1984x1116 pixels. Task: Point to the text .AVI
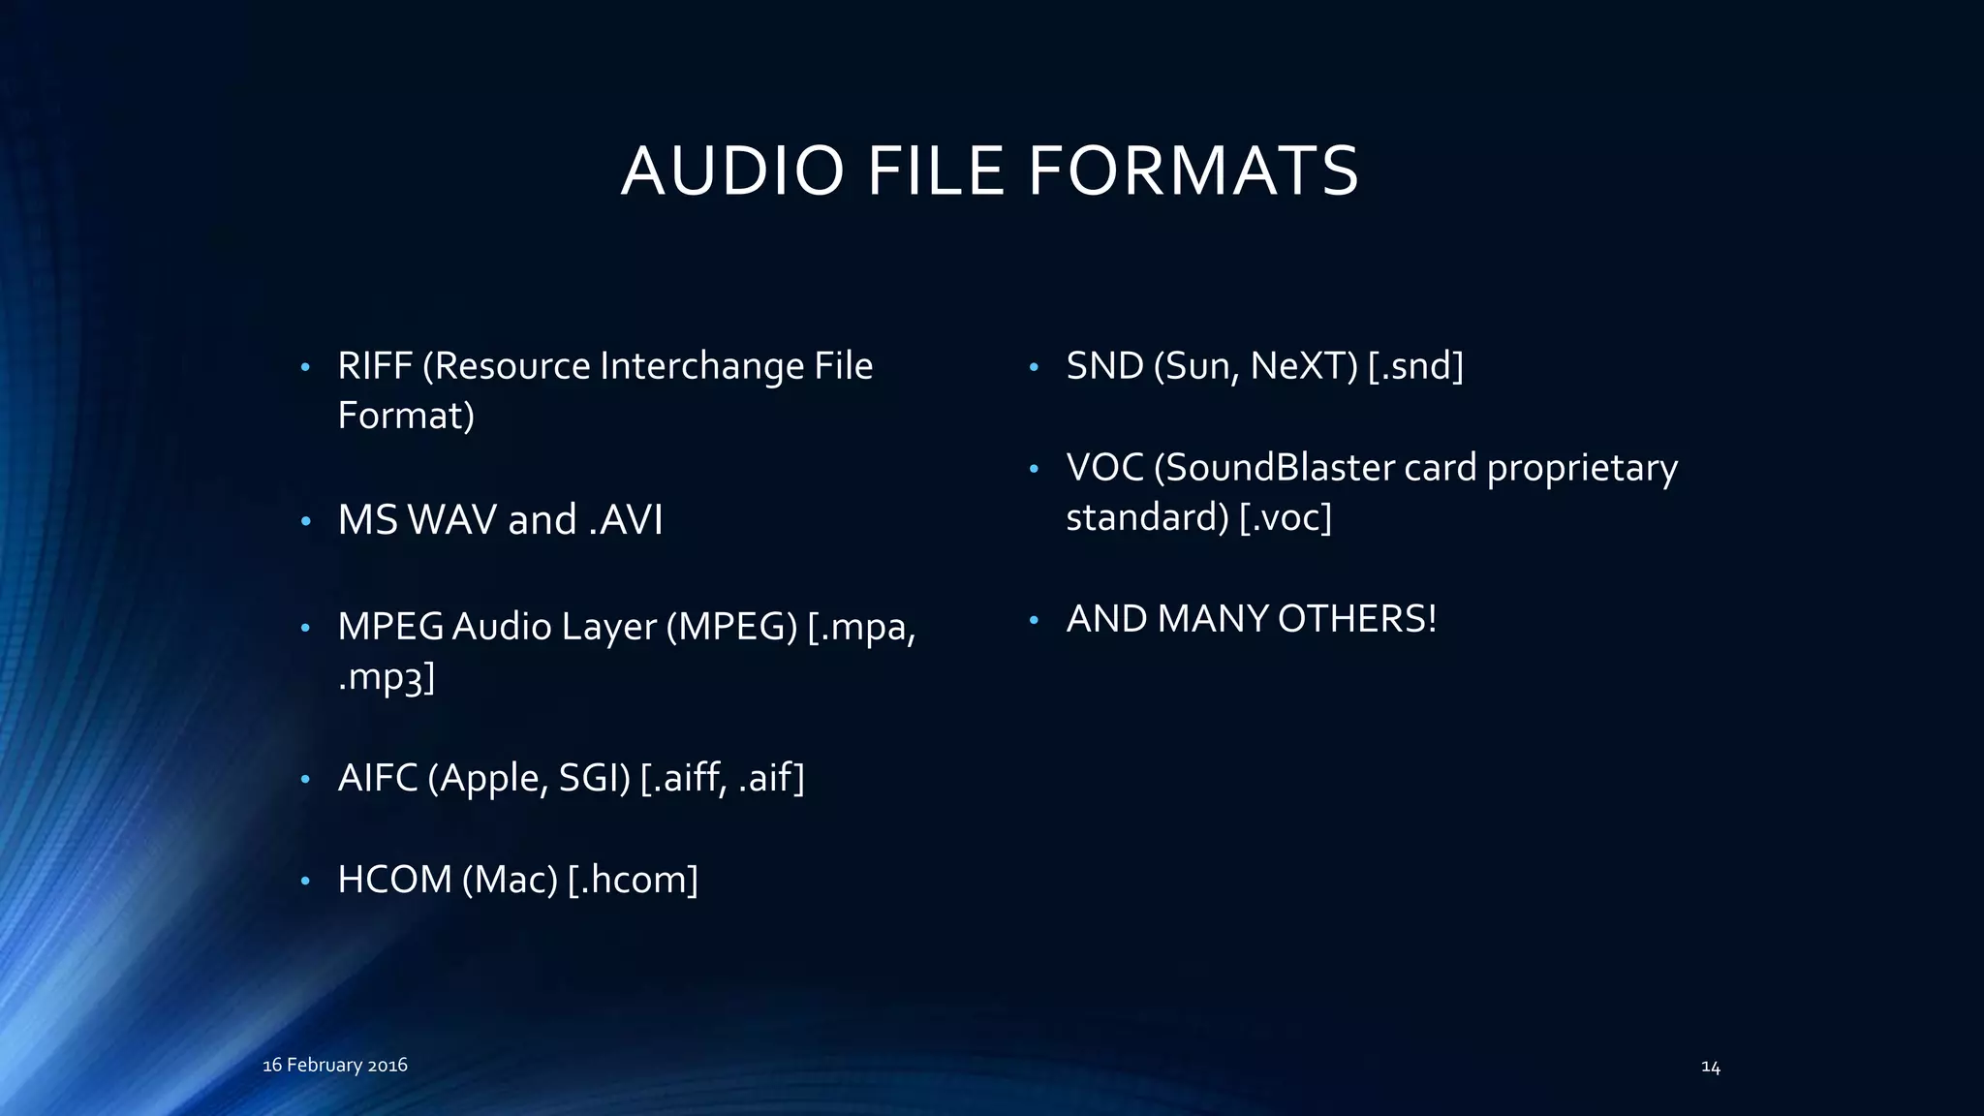tap(626, 520)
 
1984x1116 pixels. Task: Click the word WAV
tap(452, 520)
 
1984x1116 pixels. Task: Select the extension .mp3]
tap(386, 676)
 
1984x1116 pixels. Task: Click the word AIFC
tap(378, 778)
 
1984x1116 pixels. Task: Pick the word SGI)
tap(594, 778)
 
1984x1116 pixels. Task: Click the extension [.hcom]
tap(633, 880)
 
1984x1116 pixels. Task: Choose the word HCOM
tap(394, 880)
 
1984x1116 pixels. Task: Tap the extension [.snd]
tap(1415, 366)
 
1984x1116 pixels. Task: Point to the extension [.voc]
tap(1286, 517)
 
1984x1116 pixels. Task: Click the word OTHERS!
tap(1356, 619)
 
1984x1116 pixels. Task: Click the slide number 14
tap(1711, 1067)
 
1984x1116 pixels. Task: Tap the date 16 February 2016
tap(335, 1065)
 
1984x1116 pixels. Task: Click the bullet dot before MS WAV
tap(305, 522)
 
